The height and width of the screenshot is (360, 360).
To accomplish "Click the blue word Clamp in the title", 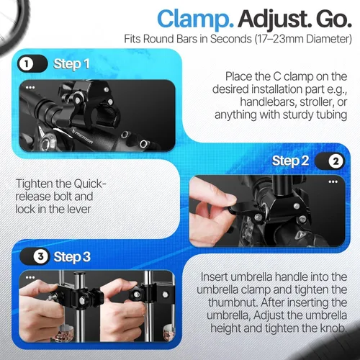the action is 195,19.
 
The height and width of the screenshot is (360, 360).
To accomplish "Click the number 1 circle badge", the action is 26,64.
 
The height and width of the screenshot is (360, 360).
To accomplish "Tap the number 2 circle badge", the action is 336,161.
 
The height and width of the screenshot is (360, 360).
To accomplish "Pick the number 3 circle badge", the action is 40,256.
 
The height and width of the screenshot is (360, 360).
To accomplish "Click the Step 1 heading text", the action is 71,64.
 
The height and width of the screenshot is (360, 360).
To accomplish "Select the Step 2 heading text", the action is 290,161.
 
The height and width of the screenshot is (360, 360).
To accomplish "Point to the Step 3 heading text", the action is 72,257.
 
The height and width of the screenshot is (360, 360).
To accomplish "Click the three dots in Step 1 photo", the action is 30,87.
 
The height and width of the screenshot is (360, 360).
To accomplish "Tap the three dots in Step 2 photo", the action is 333,181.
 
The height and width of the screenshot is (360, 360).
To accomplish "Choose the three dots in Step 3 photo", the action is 30,277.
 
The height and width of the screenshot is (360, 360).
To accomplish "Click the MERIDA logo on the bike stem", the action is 83,137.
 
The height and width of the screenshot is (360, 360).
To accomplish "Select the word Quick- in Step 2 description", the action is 90,184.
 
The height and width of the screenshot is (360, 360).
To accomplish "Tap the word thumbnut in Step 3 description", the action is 233,302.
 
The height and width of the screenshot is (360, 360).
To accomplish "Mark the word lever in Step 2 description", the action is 78,209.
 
